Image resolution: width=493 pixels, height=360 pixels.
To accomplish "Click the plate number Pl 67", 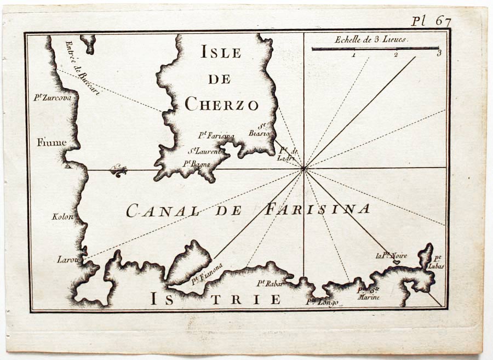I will tap(431, 21).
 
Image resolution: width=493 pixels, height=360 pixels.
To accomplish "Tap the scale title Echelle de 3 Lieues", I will tap(371, 39).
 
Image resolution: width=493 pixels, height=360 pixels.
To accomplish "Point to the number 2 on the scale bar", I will tap(395, 55).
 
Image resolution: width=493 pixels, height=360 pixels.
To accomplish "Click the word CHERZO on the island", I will tap(221, 104).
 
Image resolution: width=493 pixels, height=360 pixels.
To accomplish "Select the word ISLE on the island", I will tap(221, 53).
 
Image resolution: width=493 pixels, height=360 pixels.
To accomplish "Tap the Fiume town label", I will tap(52, 143).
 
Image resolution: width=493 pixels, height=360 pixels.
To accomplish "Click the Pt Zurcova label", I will tap(53, 98).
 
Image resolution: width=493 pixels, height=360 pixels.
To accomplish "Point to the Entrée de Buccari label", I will tap(82, 68).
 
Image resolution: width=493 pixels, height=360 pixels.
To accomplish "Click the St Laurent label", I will tap(205, 151).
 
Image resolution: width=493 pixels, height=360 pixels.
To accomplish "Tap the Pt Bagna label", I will tap(197, 163).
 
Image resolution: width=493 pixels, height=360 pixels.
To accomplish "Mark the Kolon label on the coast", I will tap(62, 216).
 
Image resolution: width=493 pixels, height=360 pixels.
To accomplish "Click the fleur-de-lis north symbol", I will tap(118, 170).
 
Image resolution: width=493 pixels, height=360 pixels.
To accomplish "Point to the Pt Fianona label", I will tap(207, 273).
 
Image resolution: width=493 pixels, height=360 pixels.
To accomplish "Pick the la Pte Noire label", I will tap(391, 255).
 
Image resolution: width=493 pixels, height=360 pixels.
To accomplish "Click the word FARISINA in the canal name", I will tap(318, 209).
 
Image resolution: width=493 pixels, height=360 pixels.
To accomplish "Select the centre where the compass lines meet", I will tap(303, 169).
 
